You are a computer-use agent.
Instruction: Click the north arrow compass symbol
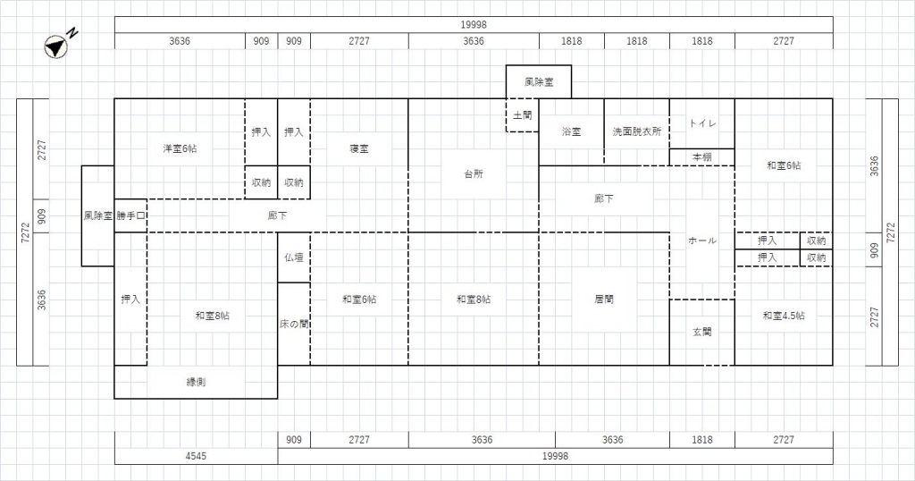(56, 46)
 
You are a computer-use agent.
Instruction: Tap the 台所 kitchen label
(474, 174)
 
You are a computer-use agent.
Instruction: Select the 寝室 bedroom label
(359, 148)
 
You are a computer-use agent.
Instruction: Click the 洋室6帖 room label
(180, 148)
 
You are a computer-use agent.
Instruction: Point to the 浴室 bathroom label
(571, 132)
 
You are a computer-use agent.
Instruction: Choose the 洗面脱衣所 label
(636, 132)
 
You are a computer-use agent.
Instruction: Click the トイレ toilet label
(702, 123)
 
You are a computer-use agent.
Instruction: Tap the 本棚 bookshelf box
(702, 157)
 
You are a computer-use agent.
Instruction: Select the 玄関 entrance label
(702, 333)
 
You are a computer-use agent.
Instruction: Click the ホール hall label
(702, 240)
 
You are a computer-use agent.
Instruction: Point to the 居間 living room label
(604, 300)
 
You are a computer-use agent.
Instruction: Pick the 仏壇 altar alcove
(293, 257)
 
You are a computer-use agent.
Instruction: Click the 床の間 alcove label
(293, 324)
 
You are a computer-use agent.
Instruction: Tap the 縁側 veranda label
(196, 383)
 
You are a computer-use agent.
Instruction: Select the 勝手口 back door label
(130, 216)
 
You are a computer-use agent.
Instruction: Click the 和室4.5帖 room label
(784, 316)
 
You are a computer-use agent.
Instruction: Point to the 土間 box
(522, 115)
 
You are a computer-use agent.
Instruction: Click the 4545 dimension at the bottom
(196, 456)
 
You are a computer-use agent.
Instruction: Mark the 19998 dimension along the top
(474, 24)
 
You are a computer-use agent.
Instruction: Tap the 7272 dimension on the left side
(25, 232)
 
